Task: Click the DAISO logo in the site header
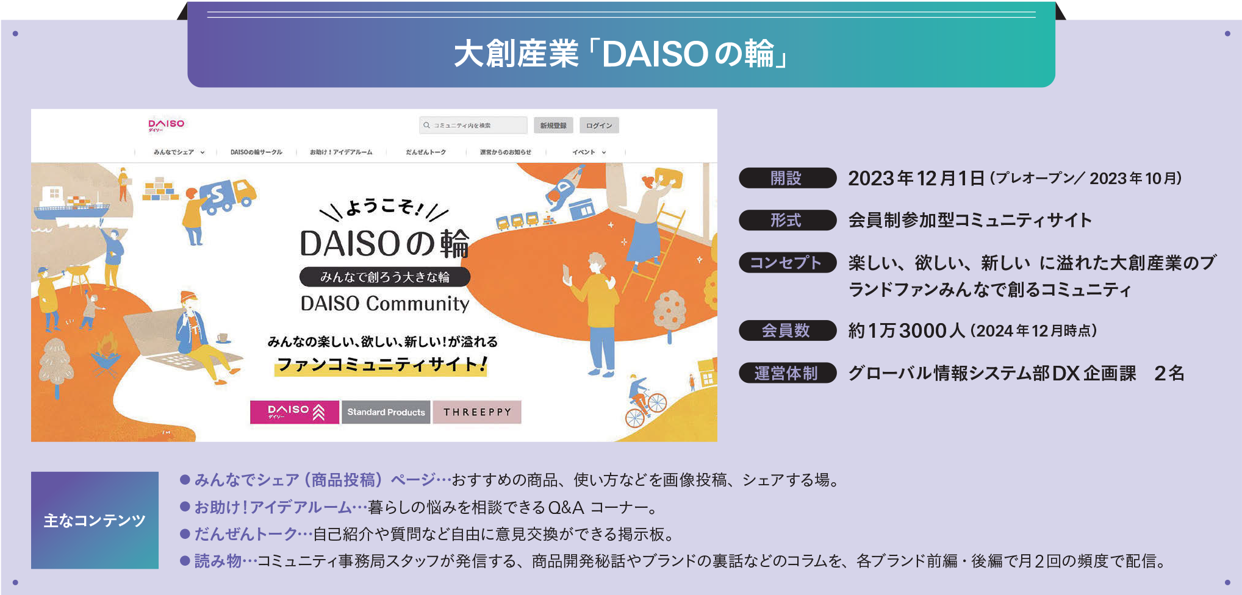tap(166, 125)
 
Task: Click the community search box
tap(473, 126)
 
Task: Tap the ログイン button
tap(599, 126)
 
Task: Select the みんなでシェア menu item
tap(179, 152)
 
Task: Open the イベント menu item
tap(589, 152)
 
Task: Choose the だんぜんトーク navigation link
tap(426, 152)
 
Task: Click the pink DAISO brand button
tap(295, 412)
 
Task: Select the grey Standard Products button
tap(386, 412)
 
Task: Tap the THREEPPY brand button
tap(477, 412)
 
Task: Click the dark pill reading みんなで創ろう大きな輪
tap(385, 277)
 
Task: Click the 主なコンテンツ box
tap(95, 520)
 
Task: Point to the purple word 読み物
tap(218, 561)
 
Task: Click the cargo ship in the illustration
tap(68, 204)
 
